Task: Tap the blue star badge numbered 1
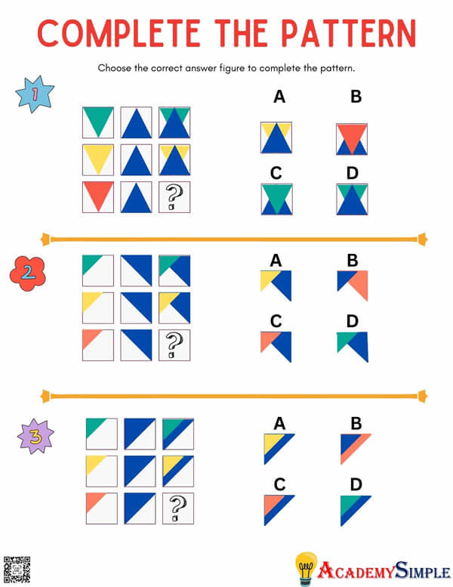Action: click(x=35, y=94)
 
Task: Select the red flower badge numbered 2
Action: click(x=28, y=273)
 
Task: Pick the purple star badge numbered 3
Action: click(x=35, y=437)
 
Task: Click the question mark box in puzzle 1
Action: click(x=174, y=197)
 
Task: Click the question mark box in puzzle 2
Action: click(x=174, y=344)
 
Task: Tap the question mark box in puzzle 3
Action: click(x=177, y=508)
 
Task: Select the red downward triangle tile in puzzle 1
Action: click(x=98, y=197)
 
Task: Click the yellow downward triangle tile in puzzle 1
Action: click(x=98, y=159)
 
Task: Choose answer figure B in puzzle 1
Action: click(x=352, y=139)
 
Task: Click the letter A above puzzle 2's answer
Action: click(x=276, y=261)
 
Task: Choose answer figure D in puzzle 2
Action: click(x=353, y=346)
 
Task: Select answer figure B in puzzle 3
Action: click(x=355, y=448)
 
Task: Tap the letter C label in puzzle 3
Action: click(x=279, y=484)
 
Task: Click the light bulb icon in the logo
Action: click(x=305, y=567)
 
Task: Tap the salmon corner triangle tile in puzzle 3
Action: click(x=101, y=508)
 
